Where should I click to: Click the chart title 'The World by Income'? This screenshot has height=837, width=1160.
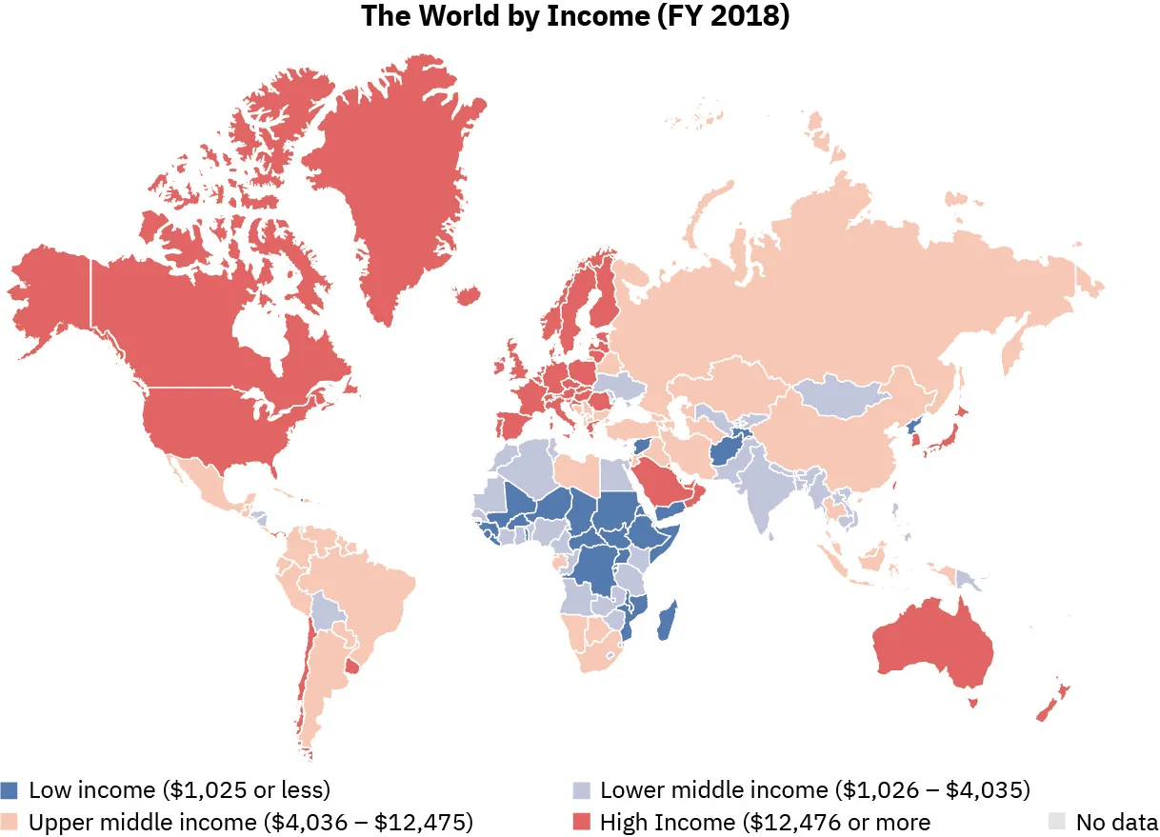pyautogui.click(x=575, y=18)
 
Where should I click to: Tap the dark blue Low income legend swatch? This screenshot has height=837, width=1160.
pyautogui.click(x=10, y=790)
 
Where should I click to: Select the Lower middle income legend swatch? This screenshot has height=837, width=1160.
pyautogui.click(x=581, y=790)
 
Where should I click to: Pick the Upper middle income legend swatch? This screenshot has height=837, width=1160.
pyautogui.click(x=10, y=821)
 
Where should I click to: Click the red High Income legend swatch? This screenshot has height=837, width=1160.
pyautogui.click(x=581, y=821)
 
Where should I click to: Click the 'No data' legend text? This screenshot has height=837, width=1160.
pyautogui.click(x=1116, y=821)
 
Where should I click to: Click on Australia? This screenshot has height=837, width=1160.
pyautogui.click(x=933, y=648)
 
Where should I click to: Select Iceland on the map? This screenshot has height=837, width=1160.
pyautogui.click(x=468, y=296)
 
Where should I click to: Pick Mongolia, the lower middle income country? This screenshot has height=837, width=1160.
pyautogui.click(x=838, y=396)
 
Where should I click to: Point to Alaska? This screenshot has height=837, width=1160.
pyautogui.click(x=52, y=295)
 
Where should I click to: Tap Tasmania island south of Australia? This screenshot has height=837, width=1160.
pyautogui.click(x=974, y=703)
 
